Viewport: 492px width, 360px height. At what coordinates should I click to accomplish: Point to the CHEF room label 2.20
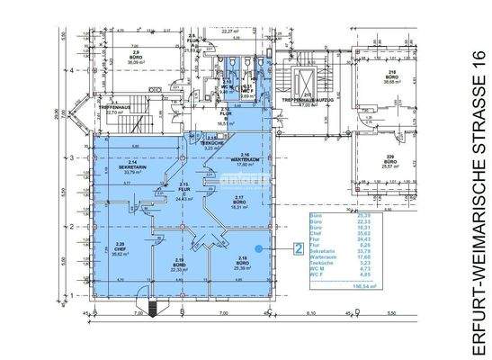[x=120, y=248]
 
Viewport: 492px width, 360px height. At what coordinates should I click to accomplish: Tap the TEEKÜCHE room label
[x=213, y=144]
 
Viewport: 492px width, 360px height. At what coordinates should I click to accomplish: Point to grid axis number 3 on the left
[x=72, y=157]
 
